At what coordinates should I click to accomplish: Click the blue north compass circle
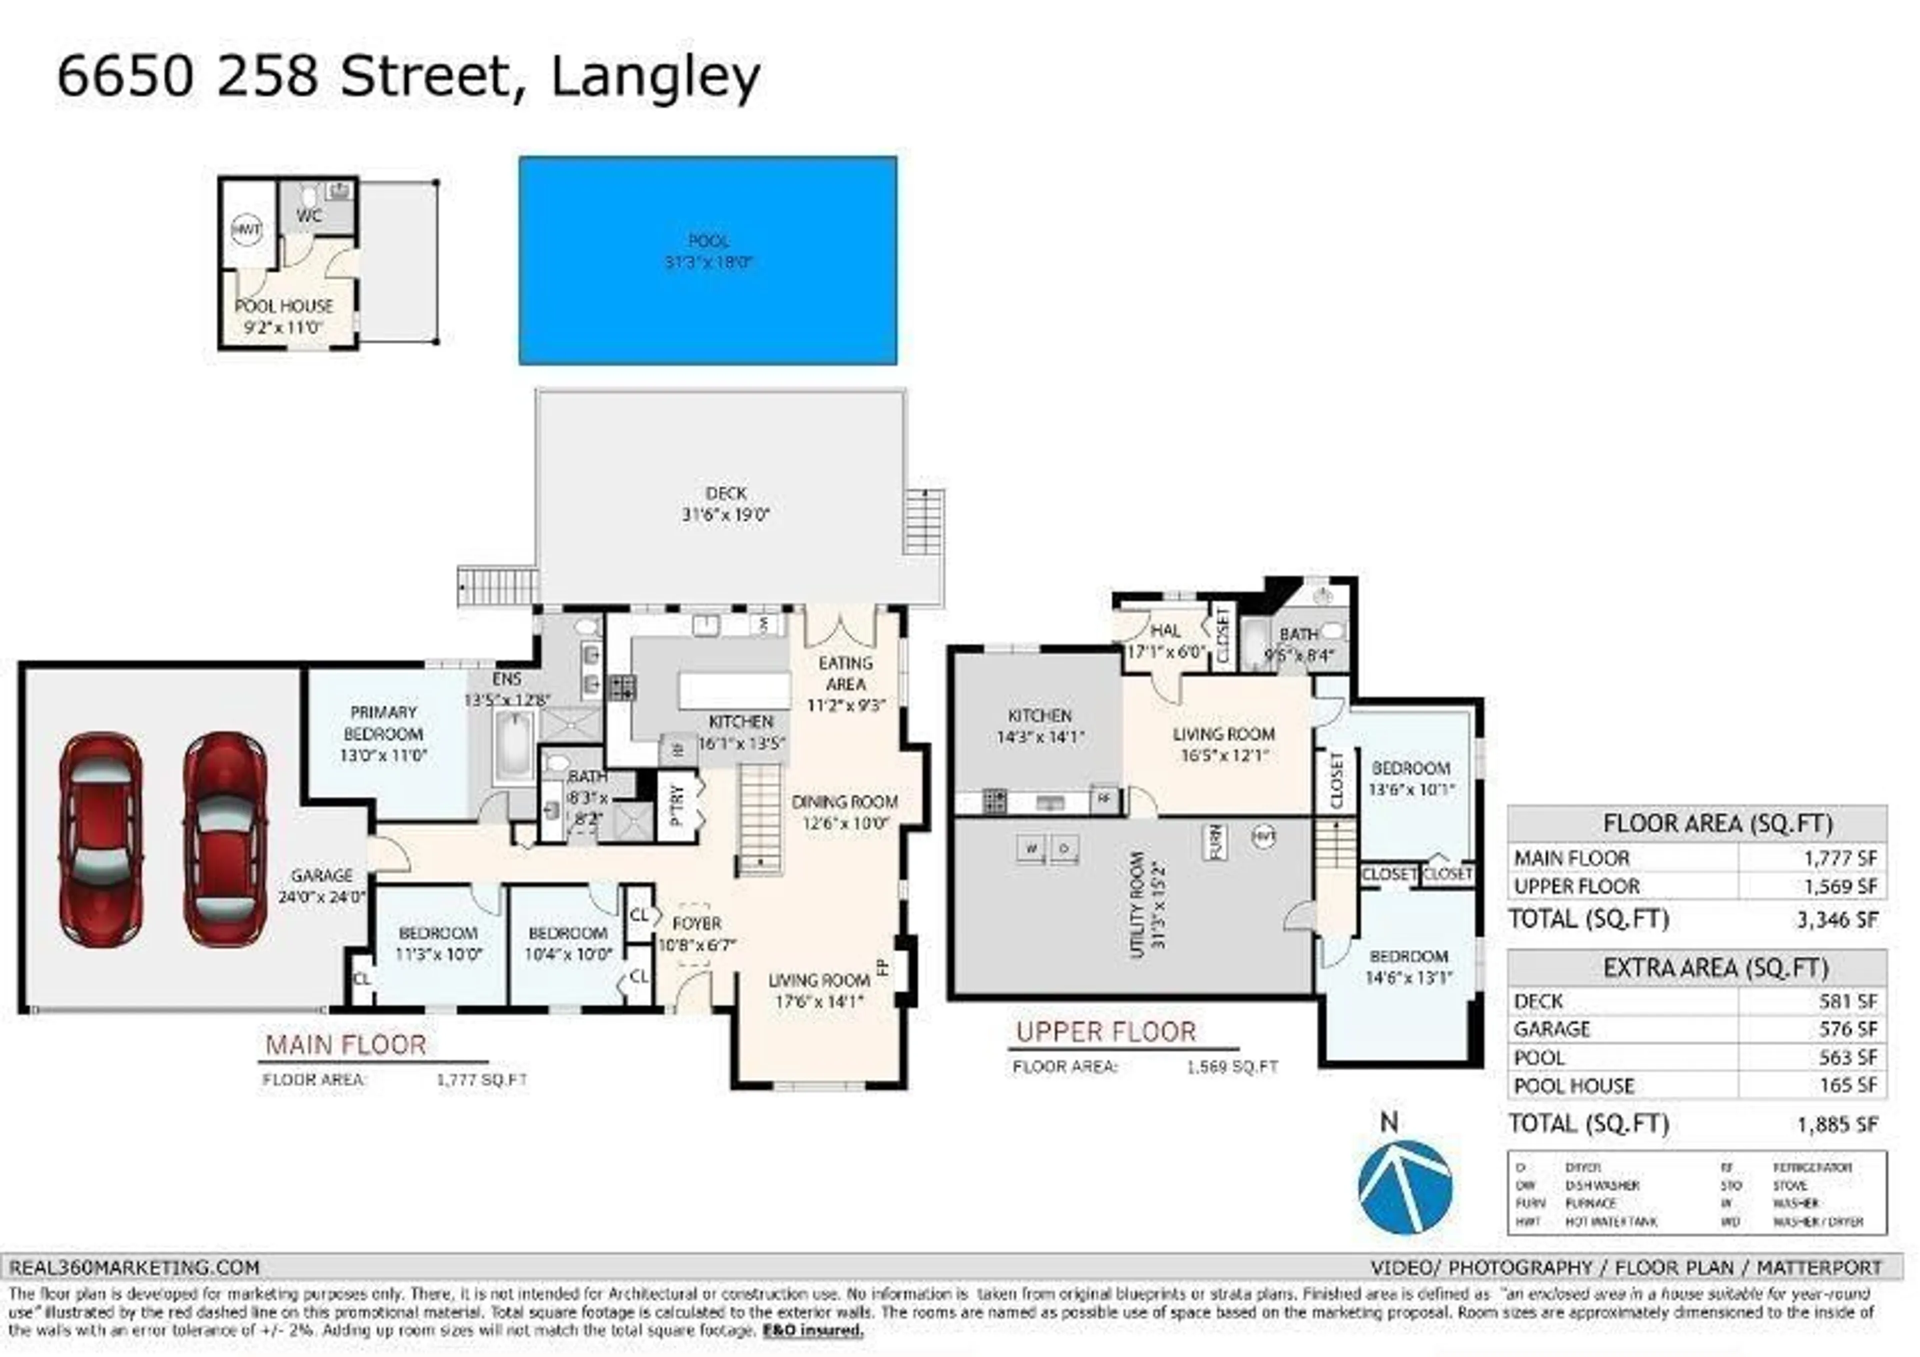pos(1405,1186)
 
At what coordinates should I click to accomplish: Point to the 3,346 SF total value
pos(1837,920)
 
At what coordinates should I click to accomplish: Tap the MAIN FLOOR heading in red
pos(345,1045)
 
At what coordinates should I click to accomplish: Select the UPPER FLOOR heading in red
pos(1105,1032)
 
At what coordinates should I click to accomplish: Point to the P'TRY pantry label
pos(677,804)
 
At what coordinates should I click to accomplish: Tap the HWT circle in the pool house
pos(246,228)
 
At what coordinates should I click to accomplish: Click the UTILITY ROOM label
pos(1136,904)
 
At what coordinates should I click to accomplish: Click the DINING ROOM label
pos(844,802)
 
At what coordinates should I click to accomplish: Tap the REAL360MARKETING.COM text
pos(134,1267)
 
